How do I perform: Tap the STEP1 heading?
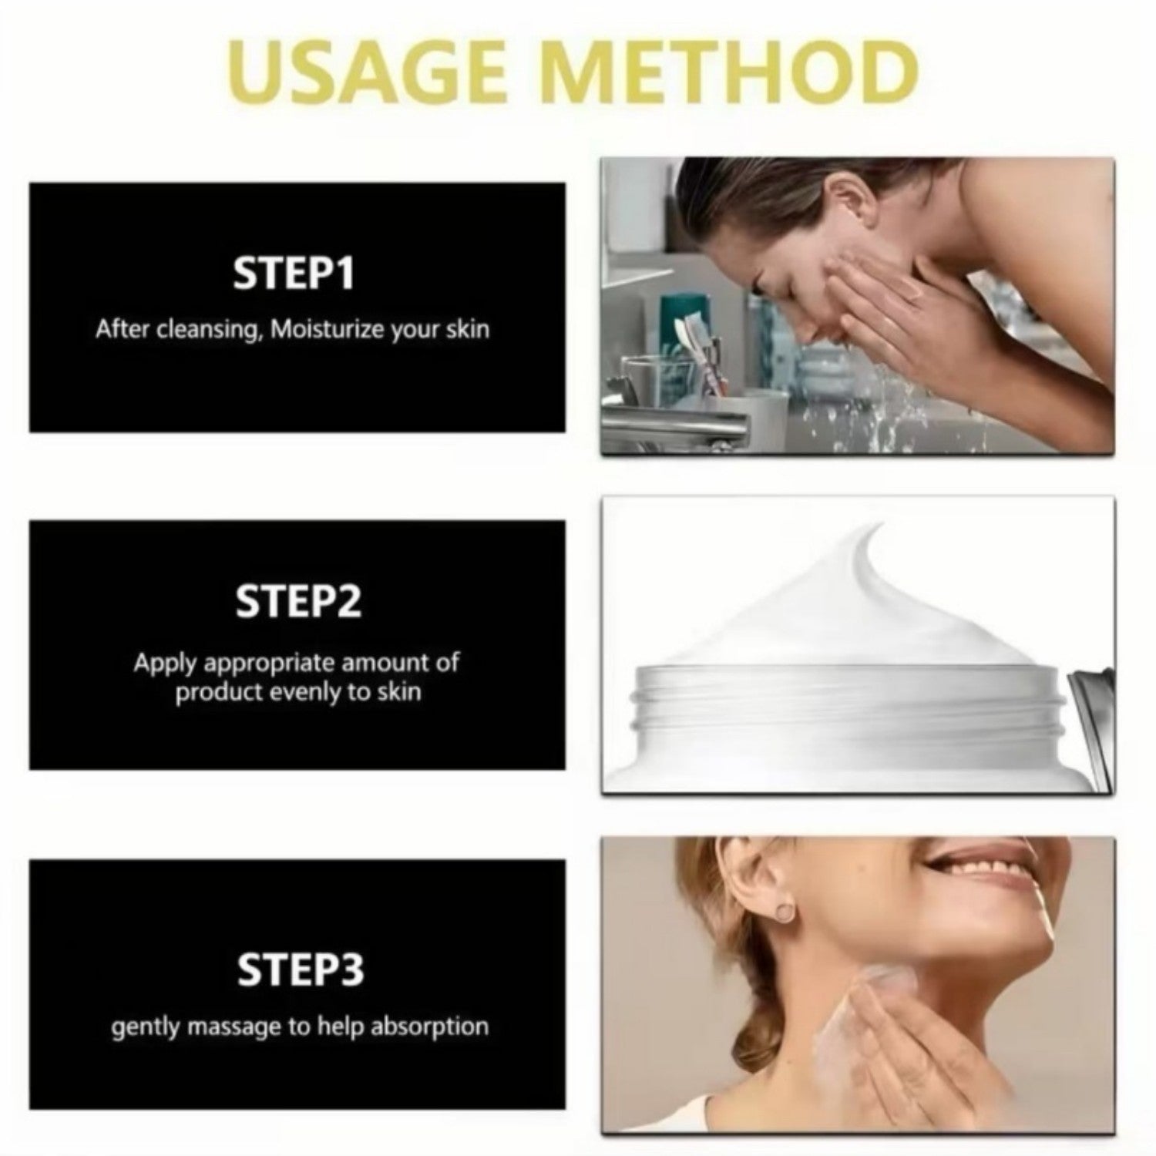[x=294, y=273]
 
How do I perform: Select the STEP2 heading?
[x=297, y=601]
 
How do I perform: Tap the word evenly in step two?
[x=307, y=693]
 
